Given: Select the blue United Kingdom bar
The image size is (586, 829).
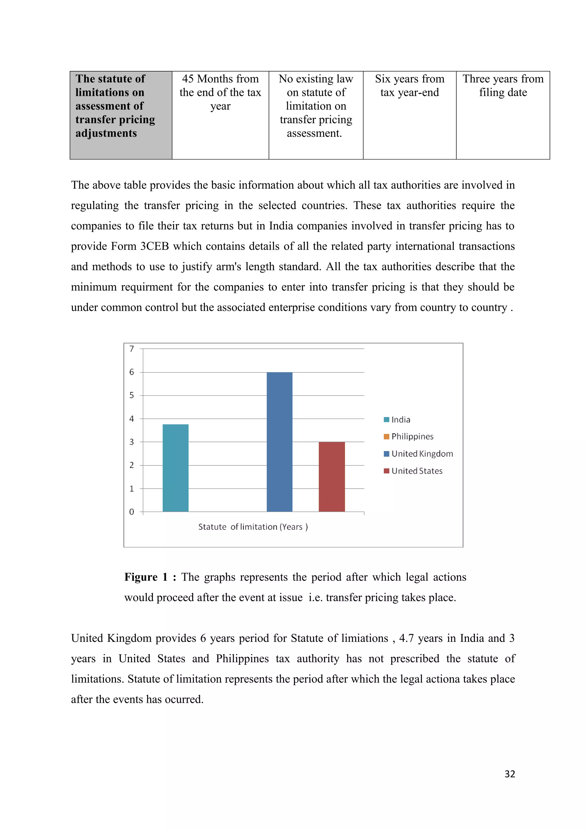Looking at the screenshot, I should [280, 442].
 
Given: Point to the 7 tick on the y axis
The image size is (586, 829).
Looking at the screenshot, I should [132, 349].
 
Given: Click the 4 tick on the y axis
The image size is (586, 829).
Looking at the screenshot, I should [132, 419].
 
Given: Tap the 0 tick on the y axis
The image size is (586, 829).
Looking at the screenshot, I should [132, 512].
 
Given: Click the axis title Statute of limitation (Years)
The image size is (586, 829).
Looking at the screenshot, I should [253, 527].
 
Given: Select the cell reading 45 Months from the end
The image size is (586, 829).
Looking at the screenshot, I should [220, 92].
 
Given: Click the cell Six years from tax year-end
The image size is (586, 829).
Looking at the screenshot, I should [409, 86].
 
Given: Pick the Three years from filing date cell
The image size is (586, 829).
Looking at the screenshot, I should [503, 86].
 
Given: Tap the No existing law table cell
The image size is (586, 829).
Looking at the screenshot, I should [316, 106].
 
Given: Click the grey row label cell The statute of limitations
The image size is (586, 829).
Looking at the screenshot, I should [115, 106].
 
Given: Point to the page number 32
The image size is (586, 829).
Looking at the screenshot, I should [509, 774].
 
